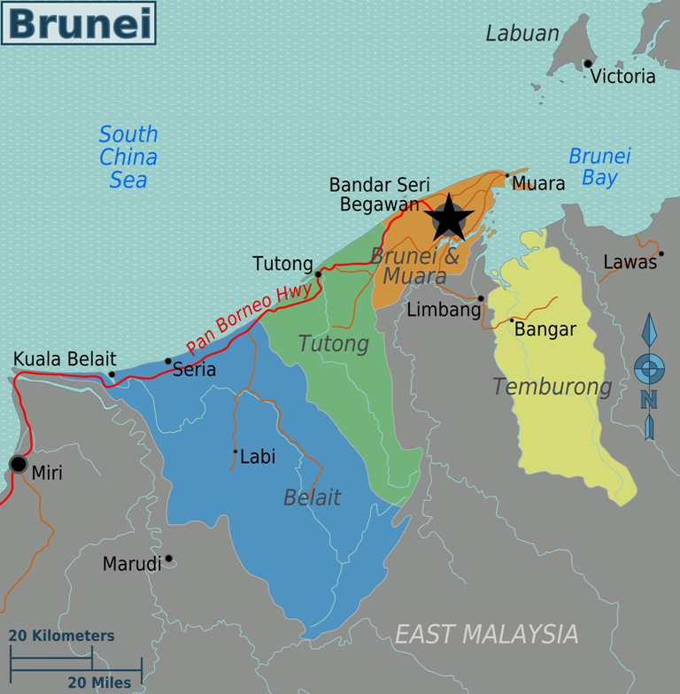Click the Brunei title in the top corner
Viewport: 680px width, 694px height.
78,23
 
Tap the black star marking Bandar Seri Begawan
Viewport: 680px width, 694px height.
449,218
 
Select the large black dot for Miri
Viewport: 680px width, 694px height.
18,464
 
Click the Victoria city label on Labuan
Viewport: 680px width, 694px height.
623,76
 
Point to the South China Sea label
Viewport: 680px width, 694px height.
128,157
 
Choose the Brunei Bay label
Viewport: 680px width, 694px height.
599,166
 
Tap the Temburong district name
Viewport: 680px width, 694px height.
552,387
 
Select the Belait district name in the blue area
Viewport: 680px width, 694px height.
312,497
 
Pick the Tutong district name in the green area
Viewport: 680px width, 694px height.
333,343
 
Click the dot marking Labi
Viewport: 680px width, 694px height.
236,451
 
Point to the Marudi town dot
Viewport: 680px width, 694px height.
168,559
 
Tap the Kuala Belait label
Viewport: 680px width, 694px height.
65,359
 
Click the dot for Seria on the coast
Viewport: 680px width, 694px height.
168,361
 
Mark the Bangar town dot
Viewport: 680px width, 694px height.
512,320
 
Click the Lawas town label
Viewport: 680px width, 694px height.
630,262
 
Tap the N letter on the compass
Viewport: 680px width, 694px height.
649,400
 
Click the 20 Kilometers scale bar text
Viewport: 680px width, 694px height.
62,636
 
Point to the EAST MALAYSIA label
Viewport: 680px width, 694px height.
486,634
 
